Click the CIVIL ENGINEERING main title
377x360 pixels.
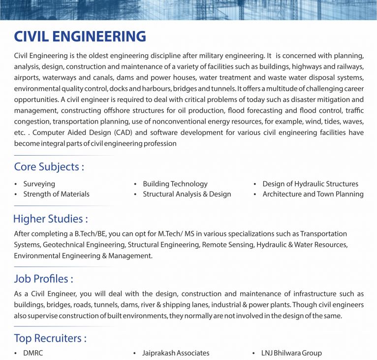[x=80, y=36]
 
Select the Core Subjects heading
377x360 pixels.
[x=49, y=167]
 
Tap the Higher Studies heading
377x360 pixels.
[x=50, y=219]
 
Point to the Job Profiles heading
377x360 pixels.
[x=43, y=279]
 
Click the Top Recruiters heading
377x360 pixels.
[x=50, y=338]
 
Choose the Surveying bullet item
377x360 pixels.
[x=39, y=184]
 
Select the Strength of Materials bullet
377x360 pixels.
[x=56, y=194]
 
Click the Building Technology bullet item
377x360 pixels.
[x=175, y=184]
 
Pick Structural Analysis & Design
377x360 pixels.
[x=187, y=194]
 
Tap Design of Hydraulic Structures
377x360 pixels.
[x=310, y=184]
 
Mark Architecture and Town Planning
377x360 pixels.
[x=313, y=194]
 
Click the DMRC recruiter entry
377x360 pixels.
[x=33, y=353]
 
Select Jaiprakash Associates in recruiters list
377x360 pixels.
[x=176, y=353]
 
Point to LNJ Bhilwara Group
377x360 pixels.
[x=292, y=353]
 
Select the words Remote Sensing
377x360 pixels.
[x=226, y=244]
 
